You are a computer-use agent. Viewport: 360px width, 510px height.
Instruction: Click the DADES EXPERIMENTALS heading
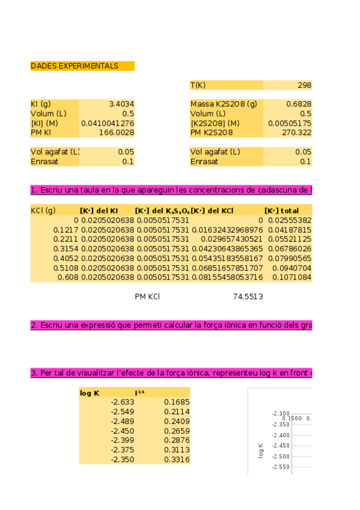75,66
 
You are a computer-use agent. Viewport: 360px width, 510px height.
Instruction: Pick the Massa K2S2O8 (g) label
224,104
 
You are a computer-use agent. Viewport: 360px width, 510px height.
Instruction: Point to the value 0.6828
300,104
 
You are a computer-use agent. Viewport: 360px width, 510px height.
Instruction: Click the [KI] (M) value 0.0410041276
108,123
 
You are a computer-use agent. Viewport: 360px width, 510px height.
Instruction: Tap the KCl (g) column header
43,210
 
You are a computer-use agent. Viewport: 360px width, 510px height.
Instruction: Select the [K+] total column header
281,210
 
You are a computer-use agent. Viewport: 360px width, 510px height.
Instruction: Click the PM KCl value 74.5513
248,296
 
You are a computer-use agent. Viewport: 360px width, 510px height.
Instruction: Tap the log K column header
90,393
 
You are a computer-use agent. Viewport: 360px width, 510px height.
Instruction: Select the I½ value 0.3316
177,459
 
